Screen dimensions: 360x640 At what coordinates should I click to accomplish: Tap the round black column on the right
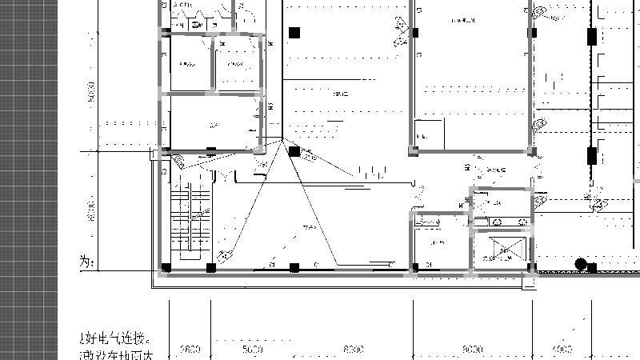point(582,264)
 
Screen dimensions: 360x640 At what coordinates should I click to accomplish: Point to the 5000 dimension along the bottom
point(252,350)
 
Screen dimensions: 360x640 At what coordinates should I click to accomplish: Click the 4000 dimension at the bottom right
point(563,350)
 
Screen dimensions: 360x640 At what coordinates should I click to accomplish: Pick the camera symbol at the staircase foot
point(226,256)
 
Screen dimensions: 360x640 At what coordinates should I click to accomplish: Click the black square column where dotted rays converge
point(294,151)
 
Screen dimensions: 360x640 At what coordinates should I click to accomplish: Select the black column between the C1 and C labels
point(294,267)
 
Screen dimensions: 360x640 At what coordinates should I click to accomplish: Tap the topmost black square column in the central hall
point(294,33)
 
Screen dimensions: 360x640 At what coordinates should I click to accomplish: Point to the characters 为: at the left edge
point(87,262)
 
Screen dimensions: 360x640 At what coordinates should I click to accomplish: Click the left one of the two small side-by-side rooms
point(188,64)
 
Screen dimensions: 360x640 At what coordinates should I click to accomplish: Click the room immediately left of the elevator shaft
point(439,242)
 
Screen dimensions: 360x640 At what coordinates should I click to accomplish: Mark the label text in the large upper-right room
point(463,19)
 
